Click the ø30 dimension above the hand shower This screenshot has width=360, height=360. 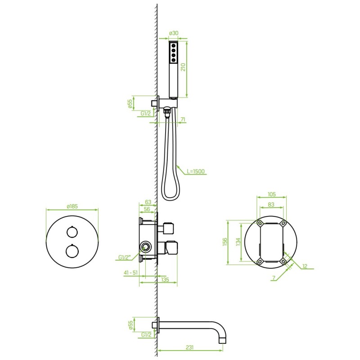(174, 33)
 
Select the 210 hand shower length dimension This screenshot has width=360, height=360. (183, 67)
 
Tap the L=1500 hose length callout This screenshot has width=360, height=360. (196, 171)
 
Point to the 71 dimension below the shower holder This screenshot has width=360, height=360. (183, 119)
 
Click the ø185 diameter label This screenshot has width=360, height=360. (72, 206)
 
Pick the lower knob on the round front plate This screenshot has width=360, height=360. (72, 251)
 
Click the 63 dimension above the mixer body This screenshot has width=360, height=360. (148, 202)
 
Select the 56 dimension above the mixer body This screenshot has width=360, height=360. (147, 209)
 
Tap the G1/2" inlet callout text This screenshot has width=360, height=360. (125, 257)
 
